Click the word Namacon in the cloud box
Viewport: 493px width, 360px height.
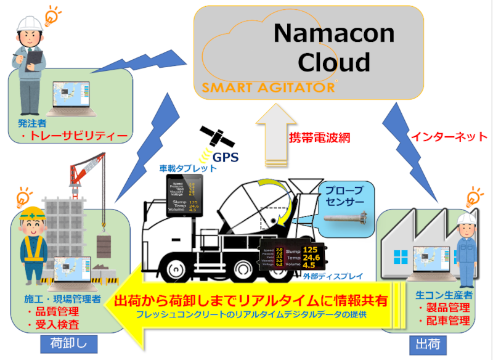pos(320,33)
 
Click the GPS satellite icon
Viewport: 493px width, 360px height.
pos(211,137)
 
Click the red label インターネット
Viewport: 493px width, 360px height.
pos(449,136)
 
